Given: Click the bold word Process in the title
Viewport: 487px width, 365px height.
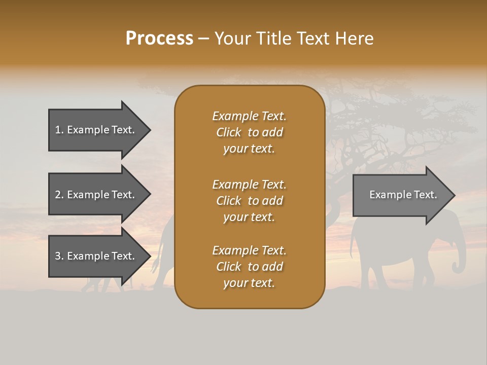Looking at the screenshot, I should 159,39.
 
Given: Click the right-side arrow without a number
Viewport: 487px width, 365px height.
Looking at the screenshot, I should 401,195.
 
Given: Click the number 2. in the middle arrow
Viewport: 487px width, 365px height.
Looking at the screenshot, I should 59,195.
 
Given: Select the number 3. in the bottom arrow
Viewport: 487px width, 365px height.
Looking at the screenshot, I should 59,256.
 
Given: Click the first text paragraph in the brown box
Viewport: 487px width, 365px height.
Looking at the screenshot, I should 249,132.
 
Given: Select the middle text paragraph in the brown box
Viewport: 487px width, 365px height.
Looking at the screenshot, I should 249,201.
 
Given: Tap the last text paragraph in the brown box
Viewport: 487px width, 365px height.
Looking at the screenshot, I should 249,267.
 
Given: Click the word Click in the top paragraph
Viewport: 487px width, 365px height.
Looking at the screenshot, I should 229,132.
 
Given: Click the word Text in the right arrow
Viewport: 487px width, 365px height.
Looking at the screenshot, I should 425,195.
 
